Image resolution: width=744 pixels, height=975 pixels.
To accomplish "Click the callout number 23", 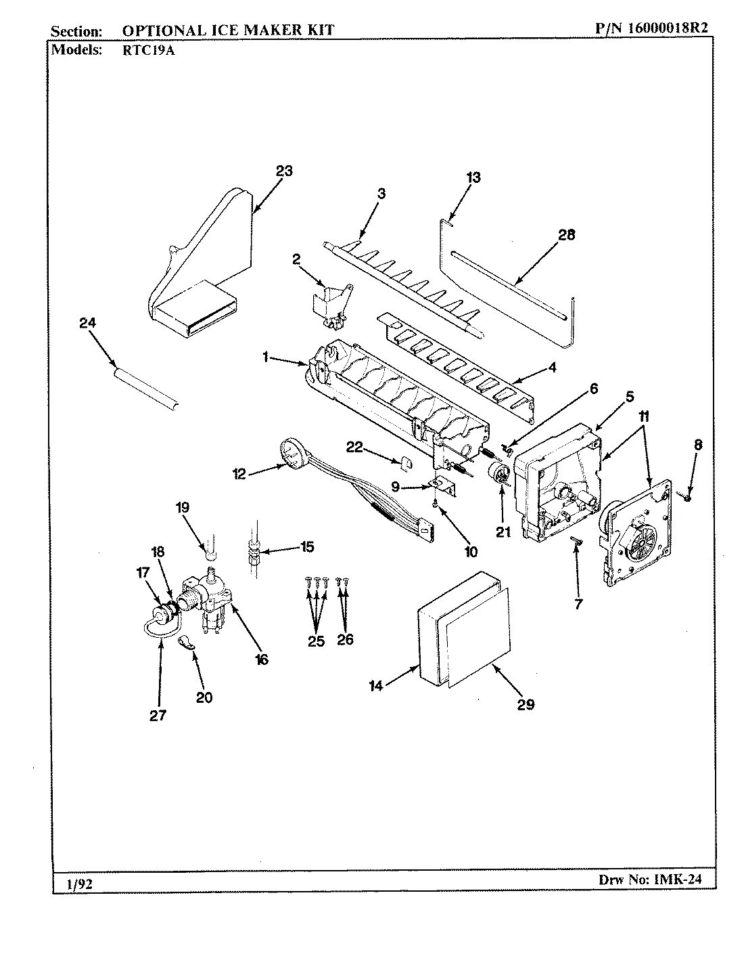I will coord(283,171).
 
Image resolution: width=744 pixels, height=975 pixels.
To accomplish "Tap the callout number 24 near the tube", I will coord(87,324).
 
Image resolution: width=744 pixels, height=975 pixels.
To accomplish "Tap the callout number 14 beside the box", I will coord(376,686).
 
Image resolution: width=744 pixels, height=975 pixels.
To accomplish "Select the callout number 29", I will coord(526,704).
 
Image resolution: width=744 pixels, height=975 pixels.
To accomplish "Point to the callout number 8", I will coord(697,445).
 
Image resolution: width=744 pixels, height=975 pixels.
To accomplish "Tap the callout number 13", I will coord(473,177).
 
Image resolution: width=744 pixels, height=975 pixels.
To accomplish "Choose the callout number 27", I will coord(158,715).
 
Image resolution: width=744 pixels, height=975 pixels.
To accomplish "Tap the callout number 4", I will coord(552,368).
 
